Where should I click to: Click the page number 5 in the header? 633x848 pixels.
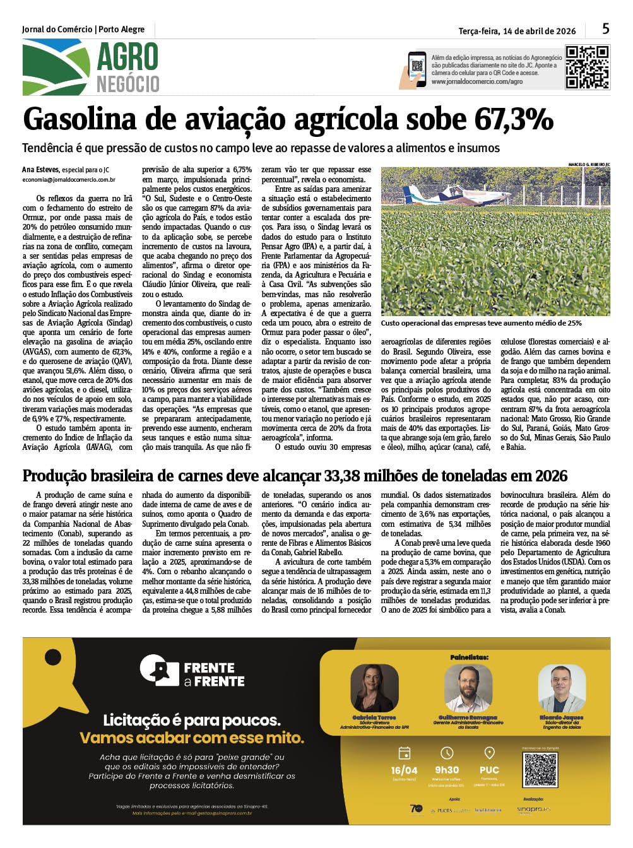(x=605, y=28)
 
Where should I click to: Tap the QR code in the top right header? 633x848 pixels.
(x=587, y=66)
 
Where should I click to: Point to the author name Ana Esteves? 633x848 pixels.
(x=40, y=170)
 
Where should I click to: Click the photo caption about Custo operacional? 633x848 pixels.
(x=481, y=323)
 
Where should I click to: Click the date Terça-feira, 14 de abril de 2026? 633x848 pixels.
(x=517, y=31)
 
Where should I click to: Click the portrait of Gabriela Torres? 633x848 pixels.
(x=374, y=689)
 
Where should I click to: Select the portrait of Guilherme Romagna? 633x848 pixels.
(x=468, y=689)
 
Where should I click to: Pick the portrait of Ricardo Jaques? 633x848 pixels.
(x=561, y=689)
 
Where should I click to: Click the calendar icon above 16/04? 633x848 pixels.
(x=405, y=753)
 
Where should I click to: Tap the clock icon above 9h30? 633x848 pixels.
(x=447, y=753)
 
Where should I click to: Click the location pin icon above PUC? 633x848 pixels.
(x=489, y=753)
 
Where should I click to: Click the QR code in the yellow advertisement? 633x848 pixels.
(x=540, y=769)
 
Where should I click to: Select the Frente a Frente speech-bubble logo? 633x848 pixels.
(x=159, y=671)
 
